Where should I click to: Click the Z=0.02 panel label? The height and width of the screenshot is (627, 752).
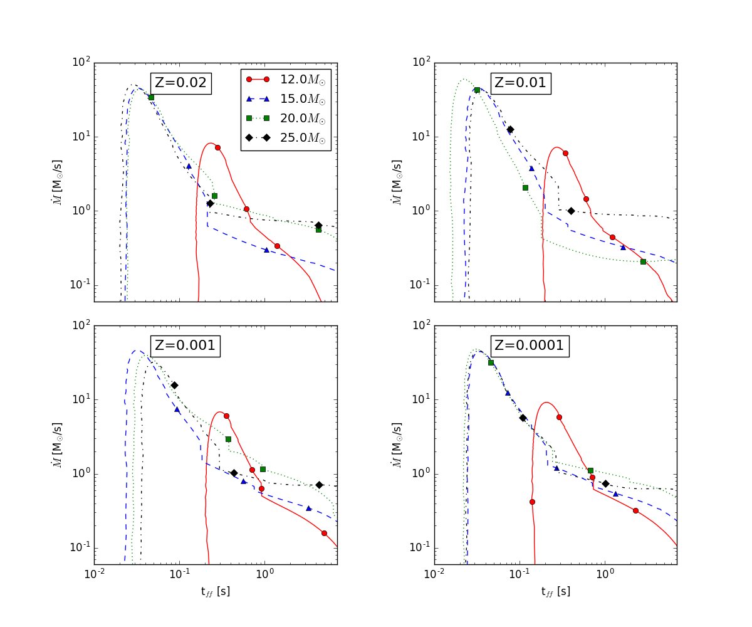click(181, 83)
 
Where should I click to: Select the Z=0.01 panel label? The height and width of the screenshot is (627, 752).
click(521, 83)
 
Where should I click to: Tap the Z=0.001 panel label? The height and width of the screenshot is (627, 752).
click(185, 345)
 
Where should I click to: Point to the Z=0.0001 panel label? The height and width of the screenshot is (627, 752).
click(530, 345)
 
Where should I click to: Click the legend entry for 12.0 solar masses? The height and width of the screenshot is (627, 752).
click(286, 80)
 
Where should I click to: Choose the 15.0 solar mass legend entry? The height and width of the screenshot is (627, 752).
click(286, 99)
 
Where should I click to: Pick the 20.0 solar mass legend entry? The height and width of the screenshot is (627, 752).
click(286, 119)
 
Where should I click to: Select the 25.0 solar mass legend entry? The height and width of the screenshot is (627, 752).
click(286, 139)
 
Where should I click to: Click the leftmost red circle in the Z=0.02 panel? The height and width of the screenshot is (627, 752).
click(217, 147)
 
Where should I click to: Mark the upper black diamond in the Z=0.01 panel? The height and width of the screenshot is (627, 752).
click(510, 130)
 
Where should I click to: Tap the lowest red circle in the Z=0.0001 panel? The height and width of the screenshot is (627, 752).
click(532, 502)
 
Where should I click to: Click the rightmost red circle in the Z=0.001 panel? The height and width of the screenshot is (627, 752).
click(324, 533)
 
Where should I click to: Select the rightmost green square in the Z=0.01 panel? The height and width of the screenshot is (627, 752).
click(643, 261)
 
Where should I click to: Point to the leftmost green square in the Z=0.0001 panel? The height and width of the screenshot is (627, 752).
click(491, 362)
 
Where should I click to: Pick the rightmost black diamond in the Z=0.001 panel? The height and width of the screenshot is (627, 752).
click(319, 485)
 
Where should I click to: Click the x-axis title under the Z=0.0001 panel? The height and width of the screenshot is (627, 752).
click(555, 591)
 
